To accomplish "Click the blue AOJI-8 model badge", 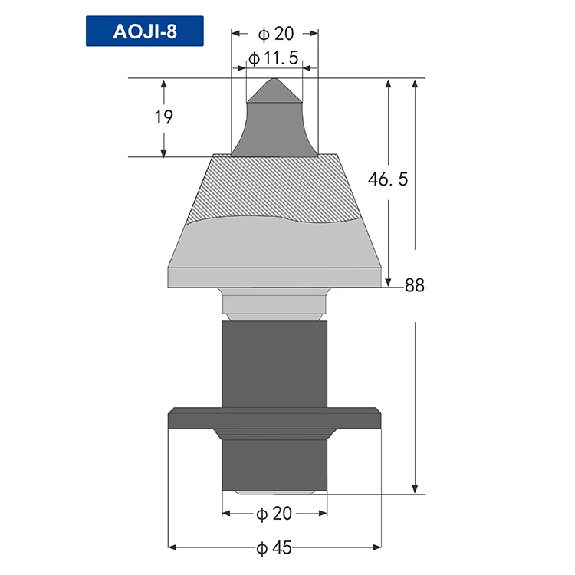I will pyautogui.click(x=145, y=32).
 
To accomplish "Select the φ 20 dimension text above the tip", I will pyautogui.click(x=275, y=34).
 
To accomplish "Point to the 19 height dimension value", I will pyautogui.click(x=163, y=117).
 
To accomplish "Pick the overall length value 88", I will pyautogui.click(x=415, y=286).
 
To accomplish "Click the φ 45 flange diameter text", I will pyautogui.click(x=275, y=547).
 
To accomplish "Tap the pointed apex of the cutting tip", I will pyautogui.click(x=274, y=80).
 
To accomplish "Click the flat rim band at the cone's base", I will pyautogui.click(x=274, y=276).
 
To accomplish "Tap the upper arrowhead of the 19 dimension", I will pyautogui.click(x=163, y=84).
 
